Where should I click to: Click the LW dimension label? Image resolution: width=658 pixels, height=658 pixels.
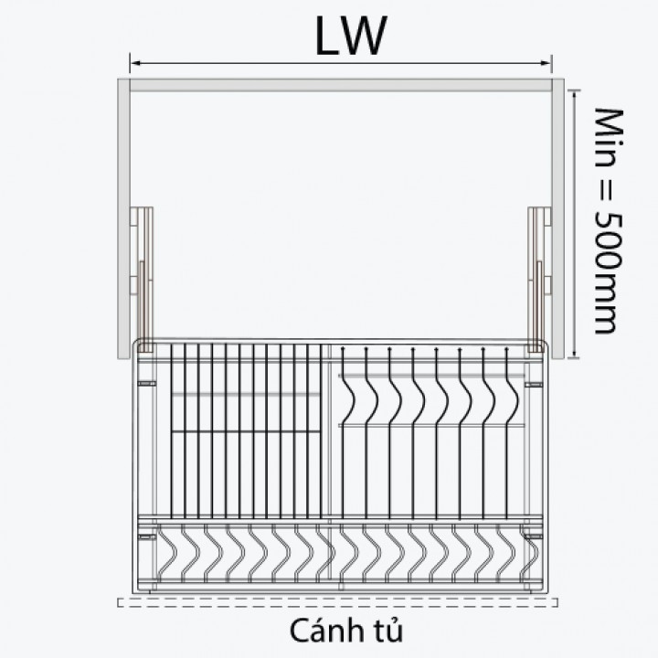click(x=350, y=36)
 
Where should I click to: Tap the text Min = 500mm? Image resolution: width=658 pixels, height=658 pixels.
click(x=609, y=221)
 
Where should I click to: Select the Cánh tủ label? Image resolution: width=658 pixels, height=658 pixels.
click(x=346, y=631)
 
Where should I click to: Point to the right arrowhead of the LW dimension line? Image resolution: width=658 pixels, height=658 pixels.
click(x=546, y=63)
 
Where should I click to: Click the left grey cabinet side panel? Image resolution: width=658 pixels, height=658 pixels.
click(x=123, y=218)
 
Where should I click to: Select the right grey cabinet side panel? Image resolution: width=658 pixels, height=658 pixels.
click(x=557, y=218)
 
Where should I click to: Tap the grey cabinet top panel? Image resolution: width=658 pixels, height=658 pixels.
click(x=341, y=85)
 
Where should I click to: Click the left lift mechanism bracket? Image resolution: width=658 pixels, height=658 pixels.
click(x=143, y=279)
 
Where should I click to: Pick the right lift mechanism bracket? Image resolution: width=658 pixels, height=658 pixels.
click(x=539, y=279)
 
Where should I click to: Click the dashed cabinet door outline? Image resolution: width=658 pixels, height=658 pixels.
click(x=338, y=602)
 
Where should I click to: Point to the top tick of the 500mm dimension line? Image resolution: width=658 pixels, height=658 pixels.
click(x=574, y=90)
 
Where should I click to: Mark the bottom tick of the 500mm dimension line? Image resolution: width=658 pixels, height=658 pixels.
click(x=574, y=358)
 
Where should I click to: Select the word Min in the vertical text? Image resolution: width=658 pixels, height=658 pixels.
click(x=609, y=137)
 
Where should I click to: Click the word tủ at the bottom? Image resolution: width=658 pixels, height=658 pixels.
click(x=388, y=631)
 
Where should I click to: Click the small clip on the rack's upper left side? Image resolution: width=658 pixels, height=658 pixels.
click(x=147, y=384)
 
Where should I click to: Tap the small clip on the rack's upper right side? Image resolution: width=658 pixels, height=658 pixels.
click(x=534, y=385)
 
